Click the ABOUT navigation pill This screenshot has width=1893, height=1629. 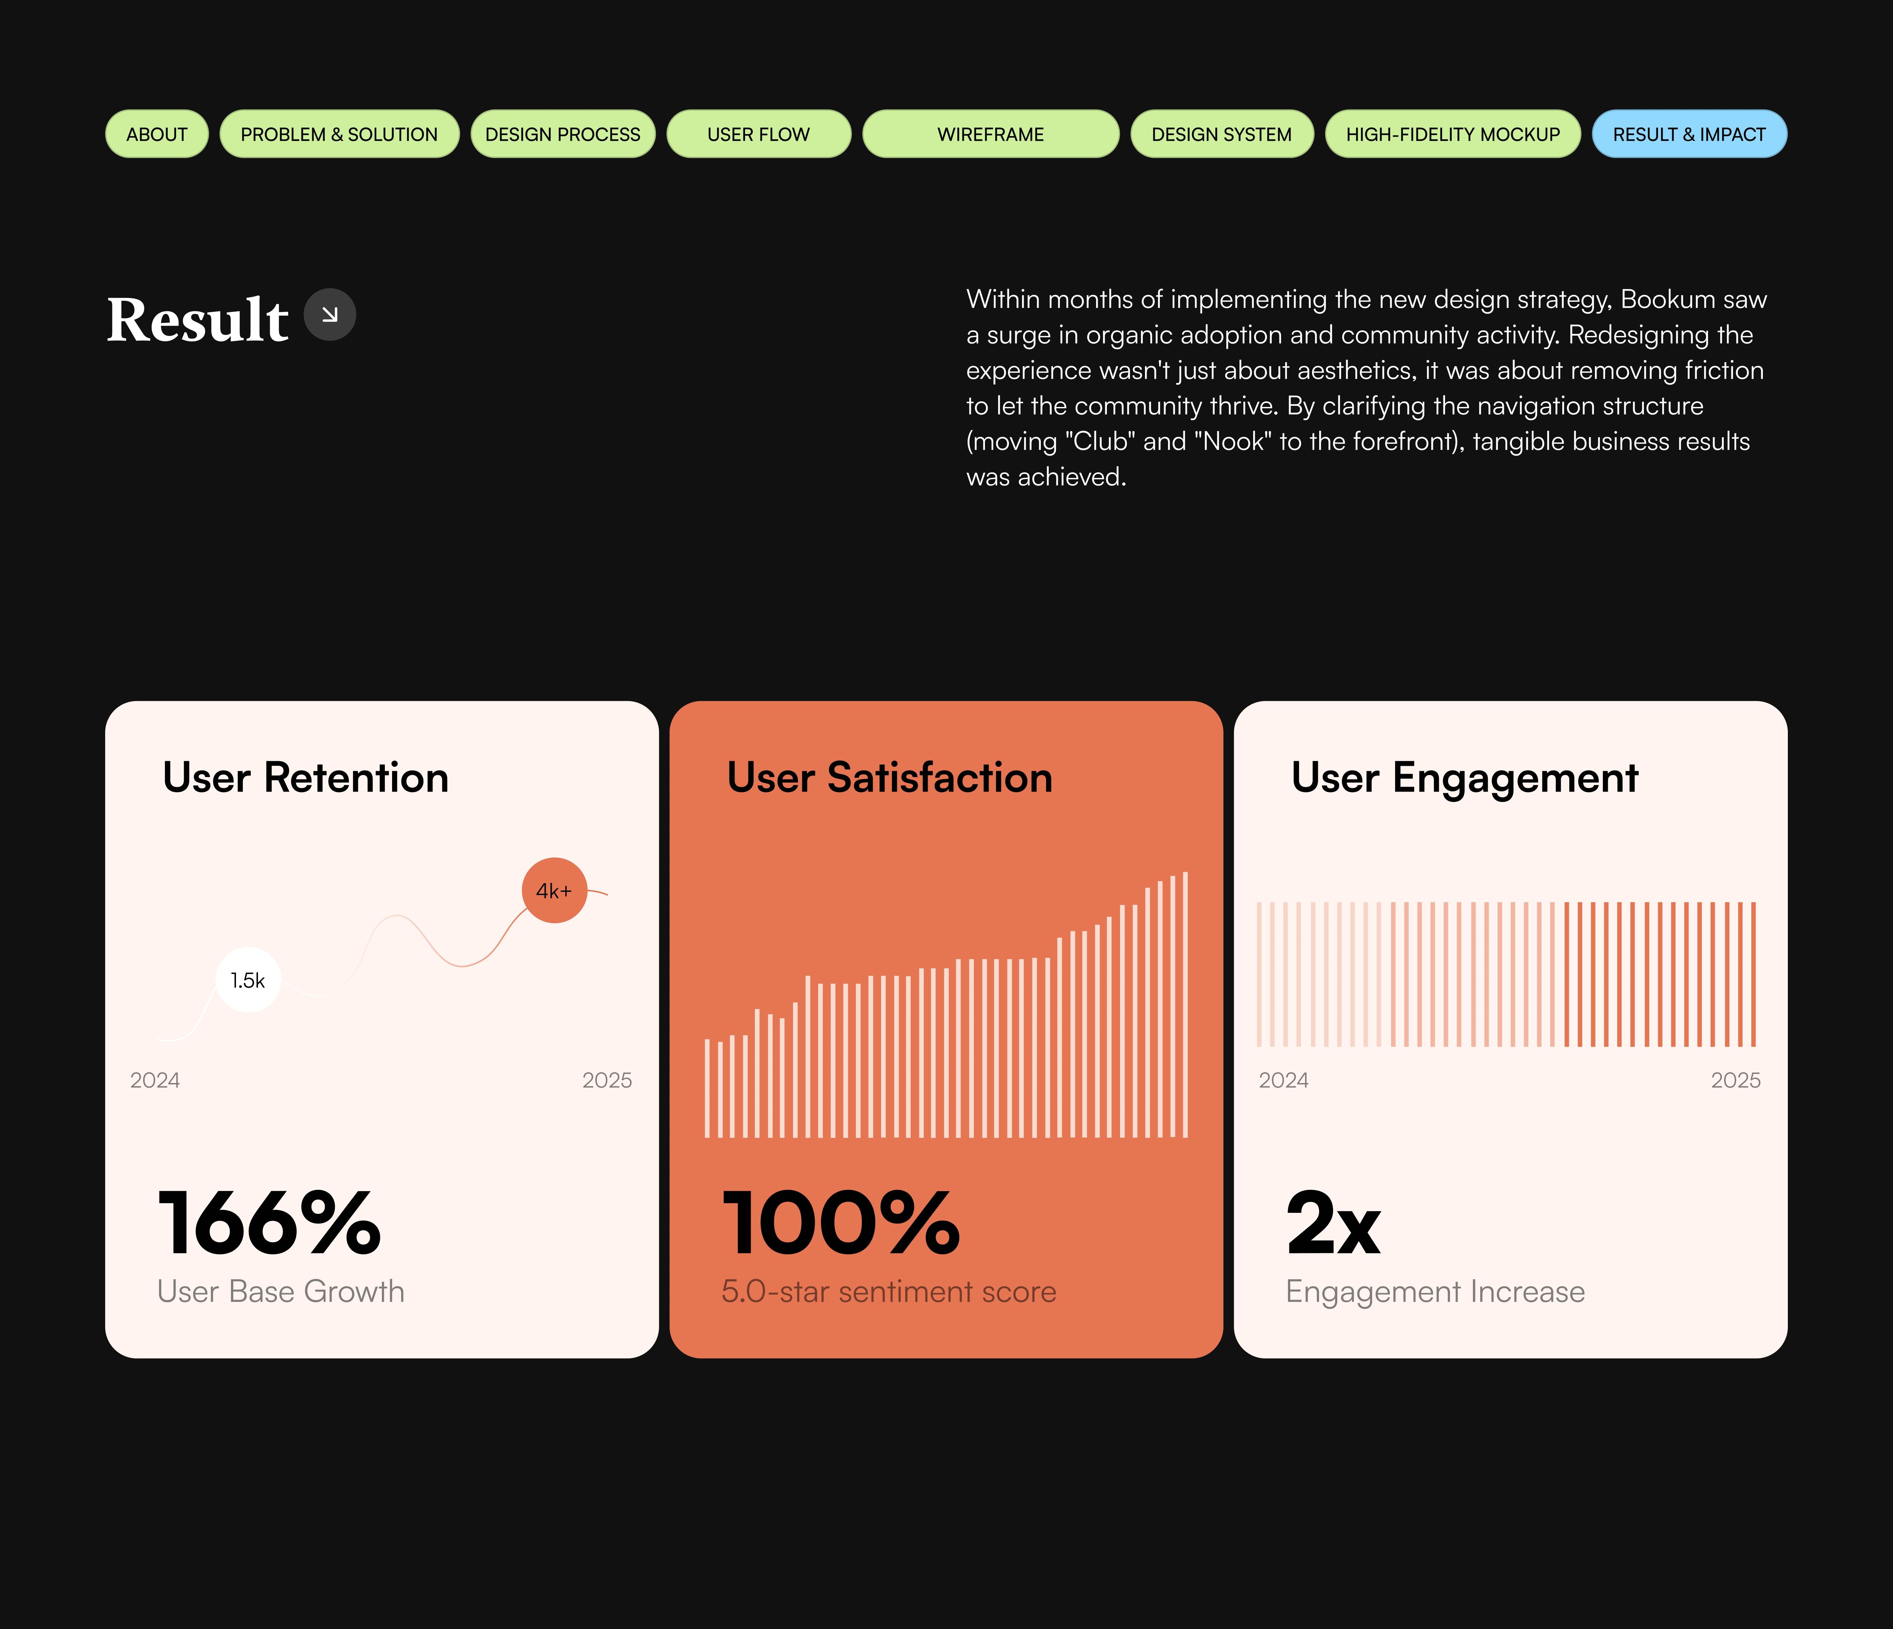point(156,134)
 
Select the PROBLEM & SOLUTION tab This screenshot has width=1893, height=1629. point(339,134)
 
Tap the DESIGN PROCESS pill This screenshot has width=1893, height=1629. point(563,134)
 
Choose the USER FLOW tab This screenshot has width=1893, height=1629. point(758,134)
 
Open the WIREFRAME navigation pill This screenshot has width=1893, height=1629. point(990,134)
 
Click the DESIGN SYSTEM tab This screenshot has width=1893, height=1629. point(1222,134)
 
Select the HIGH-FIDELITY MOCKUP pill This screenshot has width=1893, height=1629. point(1453,134)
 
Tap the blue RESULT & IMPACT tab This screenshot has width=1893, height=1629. point(1689,134)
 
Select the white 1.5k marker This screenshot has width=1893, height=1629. point(247,980)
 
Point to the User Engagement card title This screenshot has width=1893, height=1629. point(1464,777)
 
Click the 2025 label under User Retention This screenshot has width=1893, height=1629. point(607,1080)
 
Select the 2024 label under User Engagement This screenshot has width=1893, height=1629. point(1283,1080)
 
